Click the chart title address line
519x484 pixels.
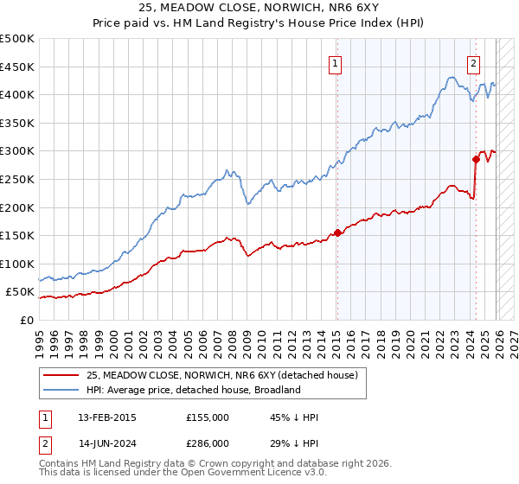click(259, 8)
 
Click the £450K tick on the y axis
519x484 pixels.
click(17, 67)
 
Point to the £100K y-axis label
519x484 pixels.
click(17, 264)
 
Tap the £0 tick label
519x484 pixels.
click(26, 320)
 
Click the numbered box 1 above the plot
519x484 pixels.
click(335, 62)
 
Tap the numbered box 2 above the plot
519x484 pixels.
click(474, 62)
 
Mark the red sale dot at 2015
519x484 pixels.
click(337, 232)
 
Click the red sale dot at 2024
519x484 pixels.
click(476, 159)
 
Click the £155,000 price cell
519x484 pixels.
click(207, 417)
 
